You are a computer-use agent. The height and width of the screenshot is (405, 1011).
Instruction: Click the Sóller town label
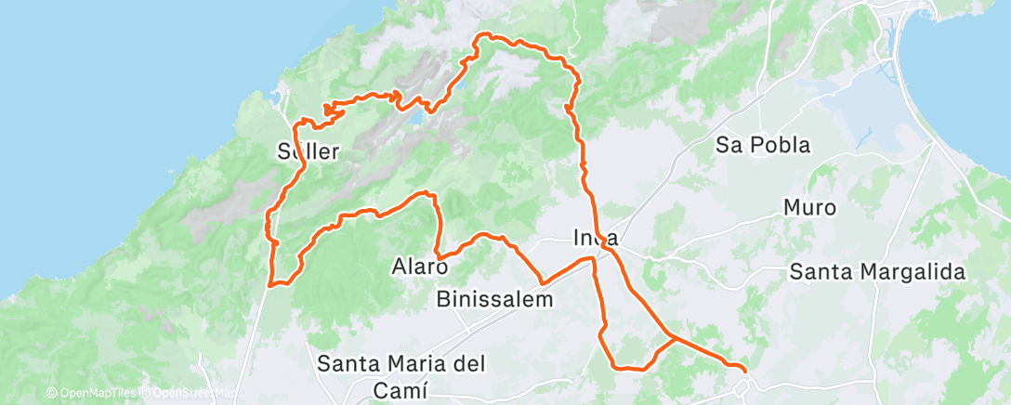pyautogui.click(x=309, y=151)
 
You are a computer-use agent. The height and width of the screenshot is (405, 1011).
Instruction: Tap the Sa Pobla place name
pyautogui.click(x=763, y=146)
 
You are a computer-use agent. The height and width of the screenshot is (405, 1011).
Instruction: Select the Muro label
pyautogui.click(x=810, y=208)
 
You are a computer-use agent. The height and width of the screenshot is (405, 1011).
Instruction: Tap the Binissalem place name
pyautogui.click(x=495, y=300)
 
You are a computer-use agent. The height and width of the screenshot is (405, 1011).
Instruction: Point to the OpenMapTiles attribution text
pyautogui.click(x=92, y=393)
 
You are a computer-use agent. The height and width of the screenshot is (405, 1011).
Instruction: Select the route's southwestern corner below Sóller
pyautogui.click(x=270, y=284)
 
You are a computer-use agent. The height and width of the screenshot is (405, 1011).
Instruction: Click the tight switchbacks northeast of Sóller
pyautogui.click(x=330, y=111)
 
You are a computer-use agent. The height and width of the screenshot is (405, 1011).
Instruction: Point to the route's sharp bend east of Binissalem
pyautogui.click(x=542, y=281)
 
